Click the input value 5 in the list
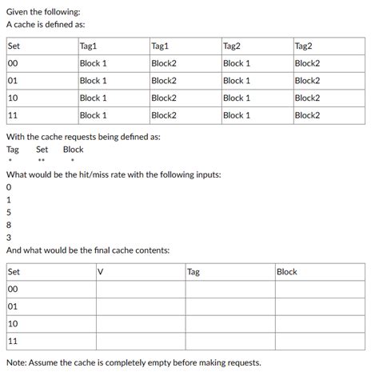[8, 212]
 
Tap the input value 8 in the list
[8, 225]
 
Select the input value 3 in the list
[8, 237]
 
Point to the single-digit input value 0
[8, 187]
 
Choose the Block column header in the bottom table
[286, 272]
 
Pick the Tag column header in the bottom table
[193, 272]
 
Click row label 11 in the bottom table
[13, 341]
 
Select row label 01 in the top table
[13, 80]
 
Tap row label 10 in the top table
[13, 98]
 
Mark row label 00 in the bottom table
[13, 290]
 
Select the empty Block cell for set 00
[319, 290]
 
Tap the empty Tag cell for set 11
[228, 341]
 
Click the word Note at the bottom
[17, 363]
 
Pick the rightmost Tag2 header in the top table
[304, 46]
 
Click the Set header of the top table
[14, 46]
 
